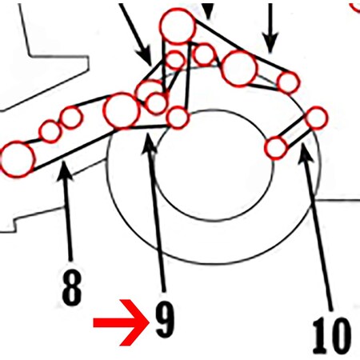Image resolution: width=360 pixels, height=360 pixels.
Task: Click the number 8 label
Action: pyautogui.click(x=71, y=287)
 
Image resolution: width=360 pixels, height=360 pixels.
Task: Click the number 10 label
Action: pyautogui.click(x=331, y=336)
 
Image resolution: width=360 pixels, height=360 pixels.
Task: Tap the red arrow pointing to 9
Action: pyautogui.click(x=121, y=322)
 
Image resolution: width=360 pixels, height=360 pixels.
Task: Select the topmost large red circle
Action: pyautogui.click(x=178, y=26)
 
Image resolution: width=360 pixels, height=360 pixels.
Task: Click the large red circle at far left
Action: pyautogui.click(x=17, y=159)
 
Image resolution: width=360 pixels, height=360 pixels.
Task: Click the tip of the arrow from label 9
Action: pyautogui.click(x=147, y=134)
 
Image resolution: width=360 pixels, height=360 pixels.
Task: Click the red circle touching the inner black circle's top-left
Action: pyautogui.click(x=178, y=118)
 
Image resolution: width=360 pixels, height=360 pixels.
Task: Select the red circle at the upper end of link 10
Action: pyautogui.click(x=316, y=118)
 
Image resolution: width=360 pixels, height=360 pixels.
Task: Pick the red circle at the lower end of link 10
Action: pyautogui.click(x=276, y=148)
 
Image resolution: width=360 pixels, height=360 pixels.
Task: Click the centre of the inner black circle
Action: pyautogui.click(x=214, y=165)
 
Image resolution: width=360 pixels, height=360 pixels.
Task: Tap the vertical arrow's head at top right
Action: pyautogui.click(x=270, y=42)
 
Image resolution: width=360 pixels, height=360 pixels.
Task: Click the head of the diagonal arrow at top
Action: pyautogui.click(x=146, y=57)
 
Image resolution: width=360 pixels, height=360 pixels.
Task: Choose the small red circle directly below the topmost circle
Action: pyautogui.click(x=175, y=60)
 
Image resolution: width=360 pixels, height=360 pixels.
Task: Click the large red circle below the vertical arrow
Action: pyautogui.click(x=239, y=69)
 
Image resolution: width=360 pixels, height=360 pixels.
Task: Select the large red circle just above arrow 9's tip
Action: pyautogui.click(x=122, y=111)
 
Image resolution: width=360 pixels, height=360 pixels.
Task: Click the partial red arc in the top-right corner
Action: pyautogui.click(x=355, y=7)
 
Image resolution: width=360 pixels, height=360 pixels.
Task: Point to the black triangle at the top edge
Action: pyautogui.click(x=209, y=10)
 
